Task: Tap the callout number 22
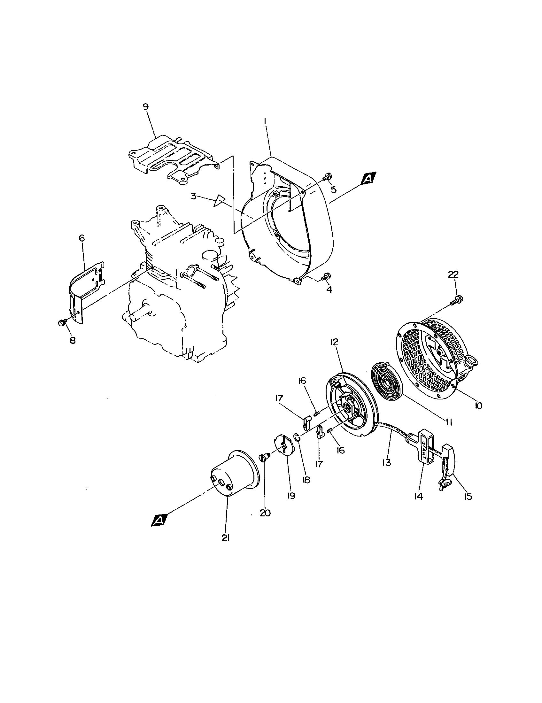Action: [x=453, y=274]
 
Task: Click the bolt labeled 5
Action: [x=327, y=176]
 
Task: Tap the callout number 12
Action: [x=334, y=342]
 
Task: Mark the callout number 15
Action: [x=468, y=497]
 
